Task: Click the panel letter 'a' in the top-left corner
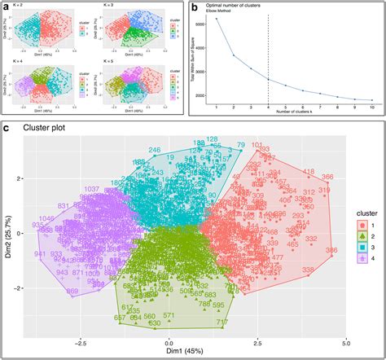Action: pyautogui.click(x=7, y=7)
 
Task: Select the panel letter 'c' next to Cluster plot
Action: pyautogui.click(x=7, y=128)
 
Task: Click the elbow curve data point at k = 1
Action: pyautogui.click(x=217, y=19)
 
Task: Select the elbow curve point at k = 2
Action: pyautogui.click(x=235, y=55)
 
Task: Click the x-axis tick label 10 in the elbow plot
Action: pyautogui.click(x=371, y=108)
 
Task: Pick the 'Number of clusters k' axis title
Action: pyautogui.click(x=294, y=114)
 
